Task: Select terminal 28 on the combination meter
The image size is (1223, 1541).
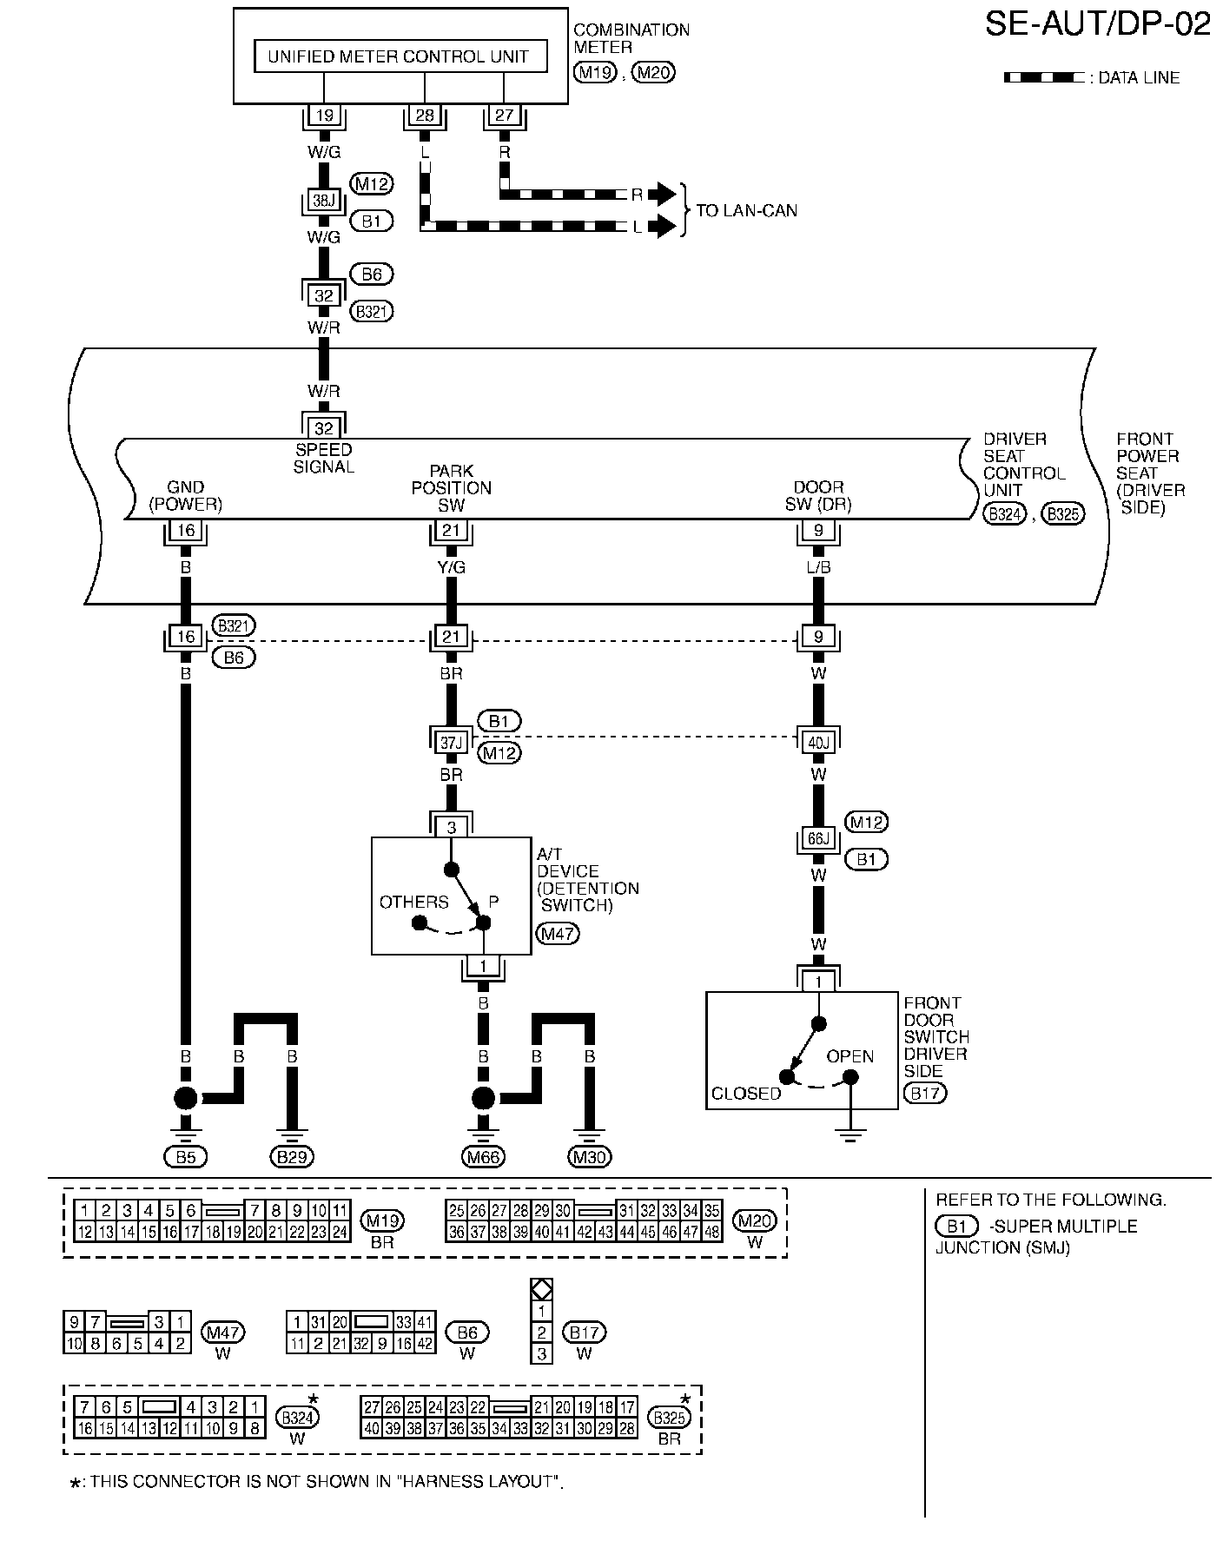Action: pyautogui.click(x=425, y=116)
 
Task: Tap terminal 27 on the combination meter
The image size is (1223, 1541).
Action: pyautogui.click(x=504, y=116)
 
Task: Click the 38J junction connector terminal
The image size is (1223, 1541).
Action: pyautogui.click(x=323, y=201)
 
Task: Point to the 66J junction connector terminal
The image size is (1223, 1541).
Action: pyautogui.click(x=819, y=840)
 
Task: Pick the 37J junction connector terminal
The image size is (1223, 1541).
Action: pyautogui.click(x=451, y=743)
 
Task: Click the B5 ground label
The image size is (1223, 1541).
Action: pyautogui.click(x=186, y=1157)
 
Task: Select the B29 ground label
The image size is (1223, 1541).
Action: pyautogui.click(x=292, y=1157)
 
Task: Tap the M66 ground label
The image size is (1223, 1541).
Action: pyautogui.click(x=484, y=1157)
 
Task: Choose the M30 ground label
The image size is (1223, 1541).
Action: pyautogui.click(x=590, y=1157)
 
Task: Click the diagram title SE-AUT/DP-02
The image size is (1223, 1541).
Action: pyautogui.click(x=1098, y=24)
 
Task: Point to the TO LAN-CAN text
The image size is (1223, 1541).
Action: pyautogui.click(x=746, y=210)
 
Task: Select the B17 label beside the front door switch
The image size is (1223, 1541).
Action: pyautogui.click(x=925, y=1093)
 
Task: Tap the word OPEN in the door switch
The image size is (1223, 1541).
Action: pyautogui.click(x=850, y=1056)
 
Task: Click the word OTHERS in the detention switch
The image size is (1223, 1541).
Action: pyautogui.click(x=414, y=902)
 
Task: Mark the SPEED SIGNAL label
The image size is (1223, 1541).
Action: pyautogui.click(x=324, y=458)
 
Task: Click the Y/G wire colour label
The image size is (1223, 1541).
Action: pyautogui.click(x=452, y=567)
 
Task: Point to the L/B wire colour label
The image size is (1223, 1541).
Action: pyautogui.click(x=819, y=567)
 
